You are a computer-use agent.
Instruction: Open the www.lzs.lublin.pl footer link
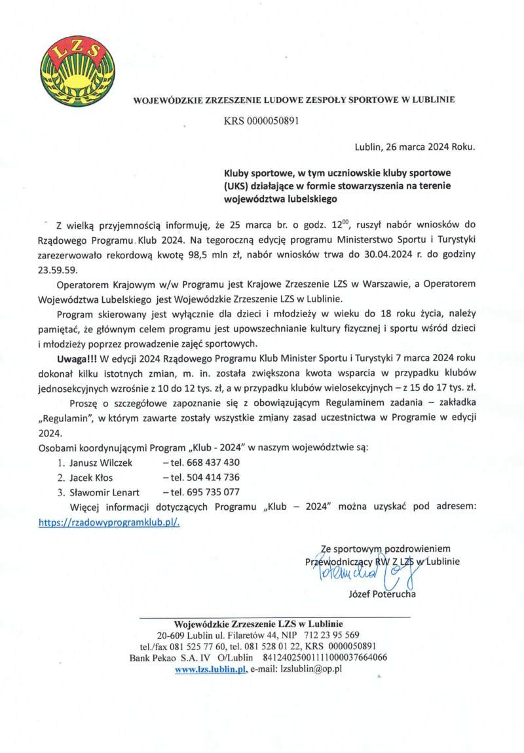[x=210, y=669]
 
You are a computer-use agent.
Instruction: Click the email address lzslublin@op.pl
[x=311, y=669]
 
